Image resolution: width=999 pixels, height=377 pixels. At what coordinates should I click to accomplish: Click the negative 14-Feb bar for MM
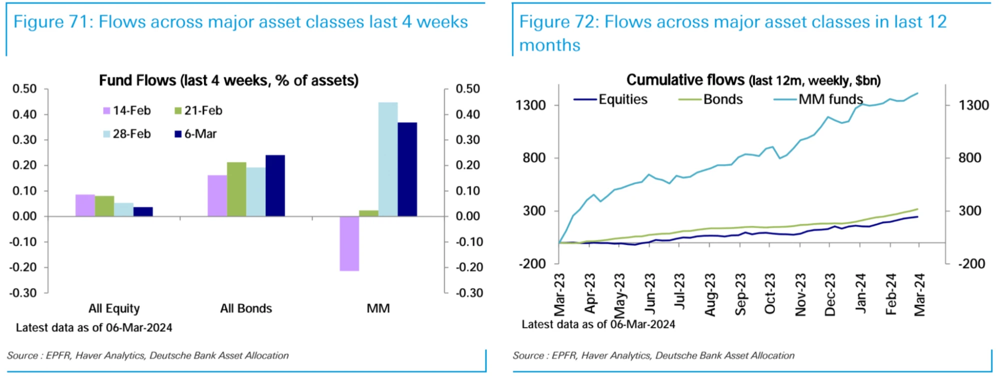(349, 243)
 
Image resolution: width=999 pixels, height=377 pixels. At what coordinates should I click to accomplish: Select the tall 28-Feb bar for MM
(388, 159)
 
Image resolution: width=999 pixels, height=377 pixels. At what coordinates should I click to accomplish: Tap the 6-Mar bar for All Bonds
(275, 185)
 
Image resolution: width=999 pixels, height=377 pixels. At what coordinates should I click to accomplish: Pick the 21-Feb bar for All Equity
(104, 206)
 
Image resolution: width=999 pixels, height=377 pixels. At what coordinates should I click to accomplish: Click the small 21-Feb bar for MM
(369, 213)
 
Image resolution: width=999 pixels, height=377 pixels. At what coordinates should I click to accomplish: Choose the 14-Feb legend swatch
(106, 111)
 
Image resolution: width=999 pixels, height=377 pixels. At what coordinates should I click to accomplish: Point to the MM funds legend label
(830, 99)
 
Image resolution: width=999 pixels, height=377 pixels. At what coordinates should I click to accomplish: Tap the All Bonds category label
(246, 308)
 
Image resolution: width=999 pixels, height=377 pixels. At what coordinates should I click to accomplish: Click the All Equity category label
(114, 308)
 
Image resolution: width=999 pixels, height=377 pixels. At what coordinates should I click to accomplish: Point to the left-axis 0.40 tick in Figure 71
(24, 114)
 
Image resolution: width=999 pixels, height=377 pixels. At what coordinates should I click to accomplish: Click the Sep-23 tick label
(740, 294)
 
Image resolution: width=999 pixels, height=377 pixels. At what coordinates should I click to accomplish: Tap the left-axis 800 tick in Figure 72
(534, 158)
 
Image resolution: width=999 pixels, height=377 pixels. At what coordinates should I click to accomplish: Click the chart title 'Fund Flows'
(228, 80)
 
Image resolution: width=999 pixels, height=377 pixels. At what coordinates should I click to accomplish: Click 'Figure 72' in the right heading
(556, 22)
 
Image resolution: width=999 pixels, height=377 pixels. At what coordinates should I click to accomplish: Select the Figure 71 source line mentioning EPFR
(148, 355)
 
